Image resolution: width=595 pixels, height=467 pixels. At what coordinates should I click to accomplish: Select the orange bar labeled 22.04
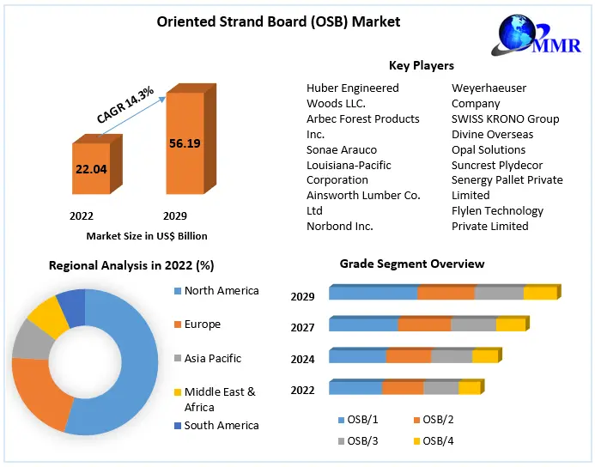(x=91, y=169)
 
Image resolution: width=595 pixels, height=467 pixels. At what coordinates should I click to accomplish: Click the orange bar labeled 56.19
(x=185, y=143)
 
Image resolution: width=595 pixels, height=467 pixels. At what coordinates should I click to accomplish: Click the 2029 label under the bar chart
(x=175, y=215)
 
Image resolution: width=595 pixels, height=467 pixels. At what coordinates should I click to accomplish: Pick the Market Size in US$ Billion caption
(x=147, y=235)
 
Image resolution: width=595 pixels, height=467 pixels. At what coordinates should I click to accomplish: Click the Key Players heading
(x=421, y=65)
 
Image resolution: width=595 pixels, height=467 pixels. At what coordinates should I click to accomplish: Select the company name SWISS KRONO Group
(x=505, y=118)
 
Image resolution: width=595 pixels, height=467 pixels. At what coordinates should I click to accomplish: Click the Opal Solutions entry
(x=489, y=149)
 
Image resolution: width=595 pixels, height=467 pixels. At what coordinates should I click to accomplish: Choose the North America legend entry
(x=221, y=291)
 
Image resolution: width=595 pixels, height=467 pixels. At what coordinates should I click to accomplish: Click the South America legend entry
(x=221, y=425)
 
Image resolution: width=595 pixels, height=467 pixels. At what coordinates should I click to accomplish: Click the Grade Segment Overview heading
(x=411, y=264)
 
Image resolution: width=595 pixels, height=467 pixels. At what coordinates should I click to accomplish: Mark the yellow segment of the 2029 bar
(x=540, y=294)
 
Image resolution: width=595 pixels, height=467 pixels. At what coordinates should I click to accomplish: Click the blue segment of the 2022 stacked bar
(x=355, y=388)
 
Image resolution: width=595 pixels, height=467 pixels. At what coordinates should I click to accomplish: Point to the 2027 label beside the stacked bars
(x=302, y=327)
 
